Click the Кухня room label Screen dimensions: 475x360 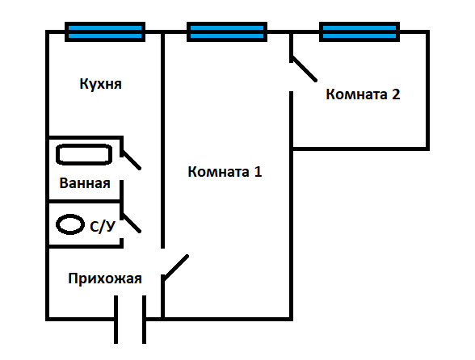point(100,84)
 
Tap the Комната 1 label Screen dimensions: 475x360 point(225,172)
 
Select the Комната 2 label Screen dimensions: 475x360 point(363,94)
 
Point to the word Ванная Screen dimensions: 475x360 point(85,183)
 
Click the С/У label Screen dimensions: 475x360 point(103,226)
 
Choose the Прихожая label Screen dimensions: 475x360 point(105,278)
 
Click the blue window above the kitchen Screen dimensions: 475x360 point(105,31)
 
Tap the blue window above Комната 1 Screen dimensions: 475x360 point(227,31)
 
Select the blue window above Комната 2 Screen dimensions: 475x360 point(359,31)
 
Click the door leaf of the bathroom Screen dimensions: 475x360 point(131,159)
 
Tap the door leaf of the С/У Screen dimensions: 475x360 point(131,223)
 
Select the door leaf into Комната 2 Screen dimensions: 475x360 point(304,69)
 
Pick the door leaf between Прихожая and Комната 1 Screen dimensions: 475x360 point(176,268)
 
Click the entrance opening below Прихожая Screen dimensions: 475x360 point(130,319)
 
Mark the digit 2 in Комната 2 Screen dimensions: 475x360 point(396,94)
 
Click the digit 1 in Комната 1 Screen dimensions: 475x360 point(258,172)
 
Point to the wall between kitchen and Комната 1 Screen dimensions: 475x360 point(162,140)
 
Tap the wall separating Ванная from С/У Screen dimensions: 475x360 point(86,201)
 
